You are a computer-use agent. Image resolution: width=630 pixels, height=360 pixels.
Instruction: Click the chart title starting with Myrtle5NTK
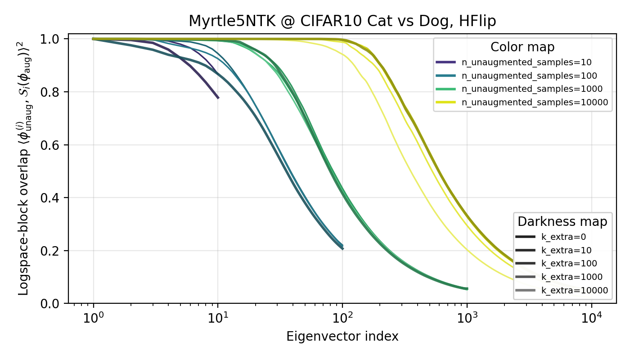point(342,21)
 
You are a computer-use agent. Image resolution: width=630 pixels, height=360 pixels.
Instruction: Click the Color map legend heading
point(522,47)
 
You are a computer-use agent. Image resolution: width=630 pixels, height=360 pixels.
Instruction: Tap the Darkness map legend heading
point(562,222)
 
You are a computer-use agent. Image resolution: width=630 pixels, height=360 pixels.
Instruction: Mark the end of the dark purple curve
point(218,98)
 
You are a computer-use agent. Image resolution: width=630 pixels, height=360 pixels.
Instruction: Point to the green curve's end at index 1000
point(467,288)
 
